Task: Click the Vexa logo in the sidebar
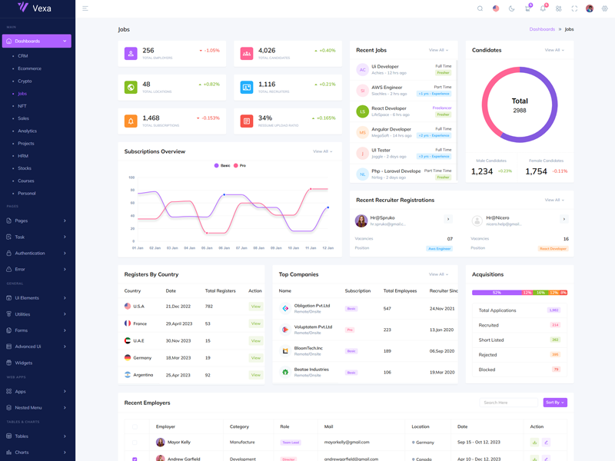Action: pyautogui.click(x=34, y=8)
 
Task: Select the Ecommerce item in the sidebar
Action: pyautogui.click(x=30, y=68)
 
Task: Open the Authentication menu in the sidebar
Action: pyautogui.click(x=30, y=253)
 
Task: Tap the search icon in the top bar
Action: pyautogui.click(x=480, y=8)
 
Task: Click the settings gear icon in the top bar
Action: pyautogui.click(x=605, y=8)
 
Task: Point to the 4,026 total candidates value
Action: pyautogui.click(x=267, y=51)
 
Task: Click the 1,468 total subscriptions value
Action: pyautogui.click(x=151, y=118)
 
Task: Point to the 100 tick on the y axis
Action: pyautogui.click(x=131, y=177)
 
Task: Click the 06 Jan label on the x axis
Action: pyautogui.click(x=224, y=248)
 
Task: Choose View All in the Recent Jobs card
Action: pyautogui.click(x=438, y=50)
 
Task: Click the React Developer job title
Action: pyautogui.click(x=389, y=108)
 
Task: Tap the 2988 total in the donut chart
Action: pyautogui.click(x=520, y=111)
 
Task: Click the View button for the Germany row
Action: pyautogui.click(x=256, y=358)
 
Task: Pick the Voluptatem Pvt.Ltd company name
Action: pyautogui.click(x=313, y=327)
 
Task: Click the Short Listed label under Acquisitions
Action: pyautogui.click(x=491, y=340)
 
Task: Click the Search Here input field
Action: pyautogui.click(x=508, y=403)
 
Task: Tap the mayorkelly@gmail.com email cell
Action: pyautogui.click(x=347, y=443)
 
